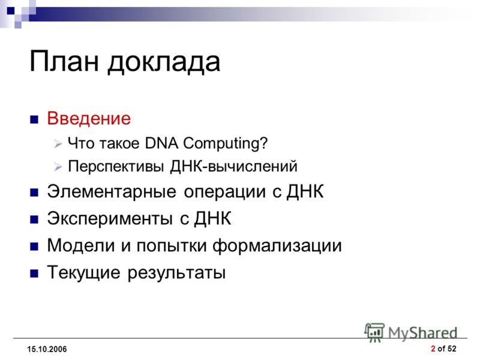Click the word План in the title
(64, 61)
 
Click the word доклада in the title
(164, 62)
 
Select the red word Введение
(89, 118)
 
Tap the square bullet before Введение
(34, 119)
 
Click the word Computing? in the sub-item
(226, 143)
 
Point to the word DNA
(161, 143)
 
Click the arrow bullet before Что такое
(58, 143)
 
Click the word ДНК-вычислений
(233, 167)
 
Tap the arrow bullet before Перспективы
(58, 167)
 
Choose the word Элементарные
(112, 191)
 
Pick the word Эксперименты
(110, 218)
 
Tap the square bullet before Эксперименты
(34, 219)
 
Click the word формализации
(277, 245)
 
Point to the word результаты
(176, 273)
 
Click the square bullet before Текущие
(34, 273)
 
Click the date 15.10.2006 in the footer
(47, 349)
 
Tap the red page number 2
(433, 349)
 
